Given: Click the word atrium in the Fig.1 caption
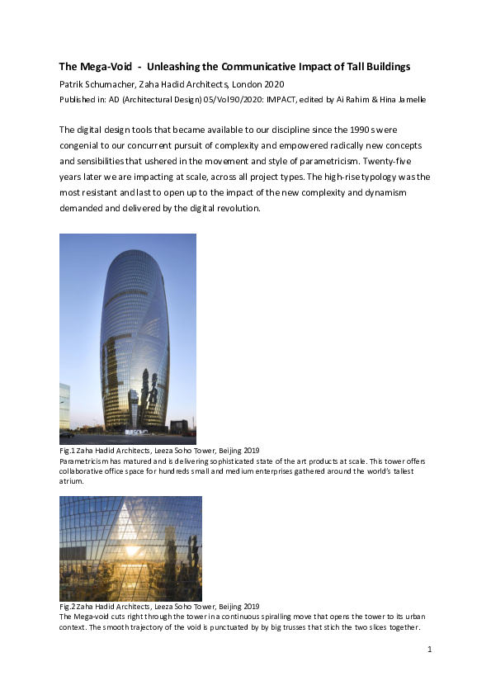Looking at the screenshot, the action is tap(71, 480).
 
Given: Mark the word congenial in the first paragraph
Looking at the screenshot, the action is tap(83, 145).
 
